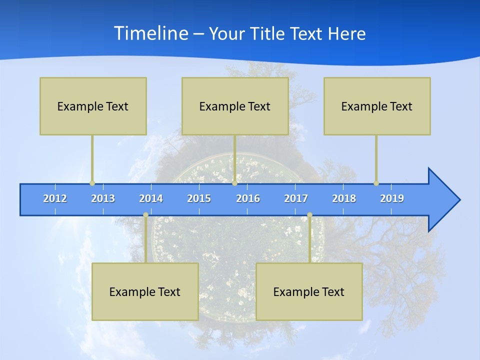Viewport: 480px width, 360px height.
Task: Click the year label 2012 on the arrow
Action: (x=55, y=198)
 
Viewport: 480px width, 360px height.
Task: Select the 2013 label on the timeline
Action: (x=103, y=198)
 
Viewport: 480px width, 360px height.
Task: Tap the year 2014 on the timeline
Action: (x=151, y=198)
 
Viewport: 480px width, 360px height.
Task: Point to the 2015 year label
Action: (x=199, y=198)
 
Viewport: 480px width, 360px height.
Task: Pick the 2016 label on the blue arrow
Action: (x=248, y=198)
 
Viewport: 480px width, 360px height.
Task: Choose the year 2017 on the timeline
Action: (x=296, y=198)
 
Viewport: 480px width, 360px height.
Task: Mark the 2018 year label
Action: (x=344, y=198)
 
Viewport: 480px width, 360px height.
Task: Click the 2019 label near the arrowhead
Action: (x=392, y=198)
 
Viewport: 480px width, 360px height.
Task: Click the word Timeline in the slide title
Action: (x=150, y=33)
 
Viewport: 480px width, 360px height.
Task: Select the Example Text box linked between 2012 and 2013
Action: (x=93, y=106)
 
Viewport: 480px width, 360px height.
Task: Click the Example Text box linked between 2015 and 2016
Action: (x=235, y=106)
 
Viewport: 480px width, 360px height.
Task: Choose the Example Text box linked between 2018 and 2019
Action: (x=377, y=106)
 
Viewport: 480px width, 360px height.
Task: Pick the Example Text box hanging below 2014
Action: (x=145, y=291)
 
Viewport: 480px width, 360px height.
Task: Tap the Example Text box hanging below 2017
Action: (x=309, y=291)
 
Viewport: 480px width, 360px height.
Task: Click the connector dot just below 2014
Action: (x=145, y=215)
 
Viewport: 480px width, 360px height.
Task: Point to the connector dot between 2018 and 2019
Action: (x=376, y=183)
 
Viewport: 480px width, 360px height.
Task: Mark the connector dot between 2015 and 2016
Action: (x=234, y=183)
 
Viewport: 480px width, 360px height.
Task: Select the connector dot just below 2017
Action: (x=309, y=215)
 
